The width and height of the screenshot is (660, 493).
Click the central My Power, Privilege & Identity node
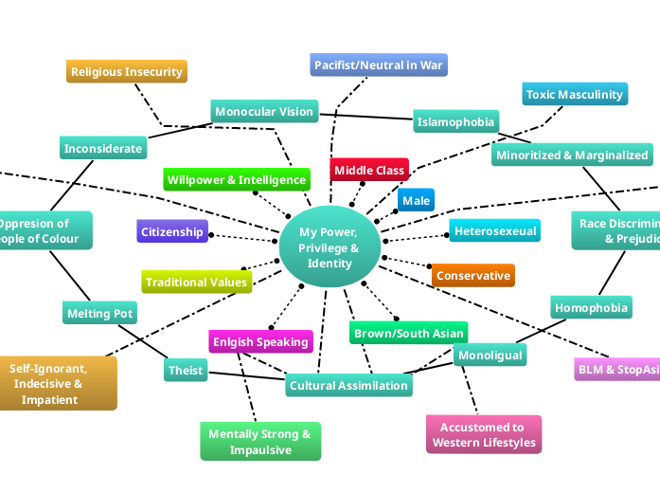(329, 247)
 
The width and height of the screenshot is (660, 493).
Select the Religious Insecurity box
(127, 71)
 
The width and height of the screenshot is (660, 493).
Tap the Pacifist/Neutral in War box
(378, 64)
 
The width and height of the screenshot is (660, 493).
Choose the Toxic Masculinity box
(575, 94)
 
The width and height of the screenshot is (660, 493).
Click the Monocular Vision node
(263, 112)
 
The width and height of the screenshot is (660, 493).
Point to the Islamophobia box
(455, 121)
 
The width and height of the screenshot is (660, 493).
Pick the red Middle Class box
(369, 170)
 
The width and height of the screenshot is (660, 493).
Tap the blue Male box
(416, 200)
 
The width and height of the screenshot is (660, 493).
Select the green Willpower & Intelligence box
(237, 179)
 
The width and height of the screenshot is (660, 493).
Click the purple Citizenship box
(171, 231)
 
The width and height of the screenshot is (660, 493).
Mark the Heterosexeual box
(494, 230)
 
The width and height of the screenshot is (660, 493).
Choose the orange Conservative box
(473, 275)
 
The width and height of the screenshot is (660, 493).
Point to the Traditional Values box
(197, 282)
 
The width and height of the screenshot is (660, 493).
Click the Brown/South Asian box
(408, 333)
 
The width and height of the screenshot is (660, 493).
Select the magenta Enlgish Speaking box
(260, 341)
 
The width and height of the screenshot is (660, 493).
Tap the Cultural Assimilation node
(348, 385)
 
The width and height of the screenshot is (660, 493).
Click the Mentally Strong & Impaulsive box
(259, 442)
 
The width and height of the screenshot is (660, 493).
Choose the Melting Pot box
(99, 313)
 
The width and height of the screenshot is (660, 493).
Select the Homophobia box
(591, 307)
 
